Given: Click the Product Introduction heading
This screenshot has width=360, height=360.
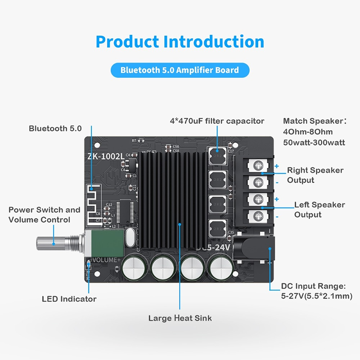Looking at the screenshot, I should (x=180, y=42).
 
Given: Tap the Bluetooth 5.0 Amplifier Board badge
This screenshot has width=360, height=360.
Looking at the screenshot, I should (x=180, y=70).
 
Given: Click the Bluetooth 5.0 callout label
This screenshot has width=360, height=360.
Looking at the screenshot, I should (x=55, y=129).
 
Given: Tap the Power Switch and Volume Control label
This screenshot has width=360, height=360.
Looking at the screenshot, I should (x=44, y=215).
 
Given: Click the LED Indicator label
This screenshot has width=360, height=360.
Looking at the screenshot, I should (x=69, y=299).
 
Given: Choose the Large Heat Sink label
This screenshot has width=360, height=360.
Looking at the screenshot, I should (x=180, y=318).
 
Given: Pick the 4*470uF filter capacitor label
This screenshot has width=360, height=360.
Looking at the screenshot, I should (x=217, y=121).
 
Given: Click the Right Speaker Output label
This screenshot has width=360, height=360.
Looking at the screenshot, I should (x=315, y=175).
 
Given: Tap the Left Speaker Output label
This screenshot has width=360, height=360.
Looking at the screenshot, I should (x=319, y=210).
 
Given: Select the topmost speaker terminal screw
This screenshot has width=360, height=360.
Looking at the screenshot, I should (x=258, y=166).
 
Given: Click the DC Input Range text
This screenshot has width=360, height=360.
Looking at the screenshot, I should (x=316, y=291).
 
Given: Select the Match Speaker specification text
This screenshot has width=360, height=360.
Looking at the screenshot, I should (x=315, y=131).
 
